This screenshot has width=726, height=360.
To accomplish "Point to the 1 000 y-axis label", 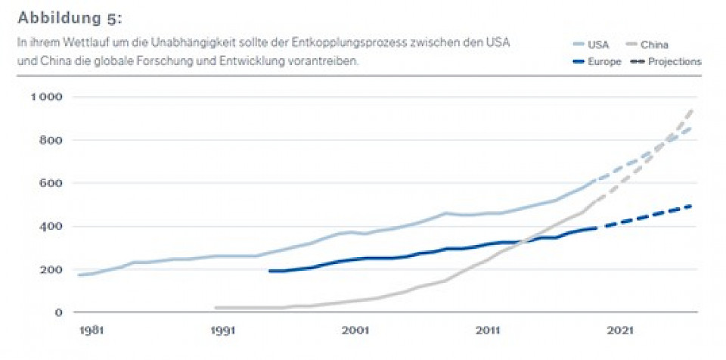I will [47, 97].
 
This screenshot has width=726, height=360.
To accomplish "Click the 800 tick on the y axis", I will [52, 140].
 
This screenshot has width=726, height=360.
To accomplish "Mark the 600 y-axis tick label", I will [52, 183].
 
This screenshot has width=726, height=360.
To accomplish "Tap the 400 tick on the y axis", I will [52, 226].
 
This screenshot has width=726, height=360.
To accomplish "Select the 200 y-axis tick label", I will [52, 269].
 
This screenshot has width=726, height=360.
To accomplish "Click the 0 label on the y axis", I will [58, 312].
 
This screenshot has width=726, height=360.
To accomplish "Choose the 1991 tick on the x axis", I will [222, 330].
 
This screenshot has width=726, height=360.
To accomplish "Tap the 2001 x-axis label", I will [355, 330].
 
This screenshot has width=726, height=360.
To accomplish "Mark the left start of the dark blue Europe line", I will [270, 271].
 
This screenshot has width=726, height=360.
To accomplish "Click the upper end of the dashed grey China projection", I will [693, 110].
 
